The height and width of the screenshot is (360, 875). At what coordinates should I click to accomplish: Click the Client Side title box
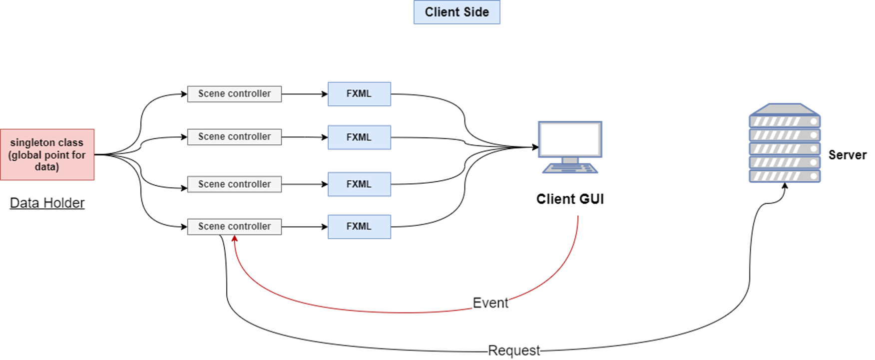(456, 12)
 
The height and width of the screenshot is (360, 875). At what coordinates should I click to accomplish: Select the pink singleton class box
(47, 154)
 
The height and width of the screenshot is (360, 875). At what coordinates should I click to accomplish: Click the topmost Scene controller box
(234, 94)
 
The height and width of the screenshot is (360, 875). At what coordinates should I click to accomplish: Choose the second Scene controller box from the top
(234, 137)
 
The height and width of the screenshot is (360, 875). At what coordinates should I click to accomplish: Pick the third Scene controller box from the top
(234, 184)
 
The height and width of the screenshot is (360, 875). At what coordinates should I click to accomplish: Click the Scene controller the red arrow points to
(234, 227)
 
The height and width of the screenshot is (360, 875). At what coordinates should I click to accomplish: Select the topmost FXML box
(359, 94)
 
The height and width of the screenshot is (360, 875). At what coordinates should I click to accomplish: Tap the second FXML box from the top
(359, 137)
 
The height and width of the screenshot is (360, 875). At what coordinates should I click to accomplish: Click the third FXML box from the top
(359, 184)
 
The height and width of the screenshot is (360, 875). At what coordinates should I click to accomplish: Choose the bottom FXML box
(359, 227)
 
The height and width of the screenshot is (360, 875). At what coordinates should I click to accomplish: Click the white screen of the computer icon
(570, 139)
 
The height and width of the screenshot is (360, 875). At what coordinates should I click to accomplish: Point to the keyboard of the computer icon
(570, 168)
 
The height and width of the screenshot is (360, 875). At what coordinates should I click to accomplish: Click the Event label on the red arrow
(490, 303)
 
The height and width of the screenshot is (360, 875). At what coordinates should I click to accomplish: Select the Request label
(513, 351)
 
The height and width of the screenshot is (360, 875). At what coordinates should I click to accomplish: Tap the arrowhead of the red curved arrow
(235, 239)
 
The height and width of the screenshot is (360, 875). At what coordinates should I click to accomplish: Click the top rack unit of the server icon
(785, 121)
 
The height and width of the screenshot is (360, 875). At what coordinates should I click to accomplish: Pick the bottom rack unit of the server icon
(785, 176)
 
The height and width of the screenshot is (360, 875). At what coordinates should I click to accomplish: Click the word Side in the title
(476, 12)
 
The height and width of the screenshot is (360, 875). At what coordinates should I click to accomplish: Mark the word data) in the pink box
(47, 167)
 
